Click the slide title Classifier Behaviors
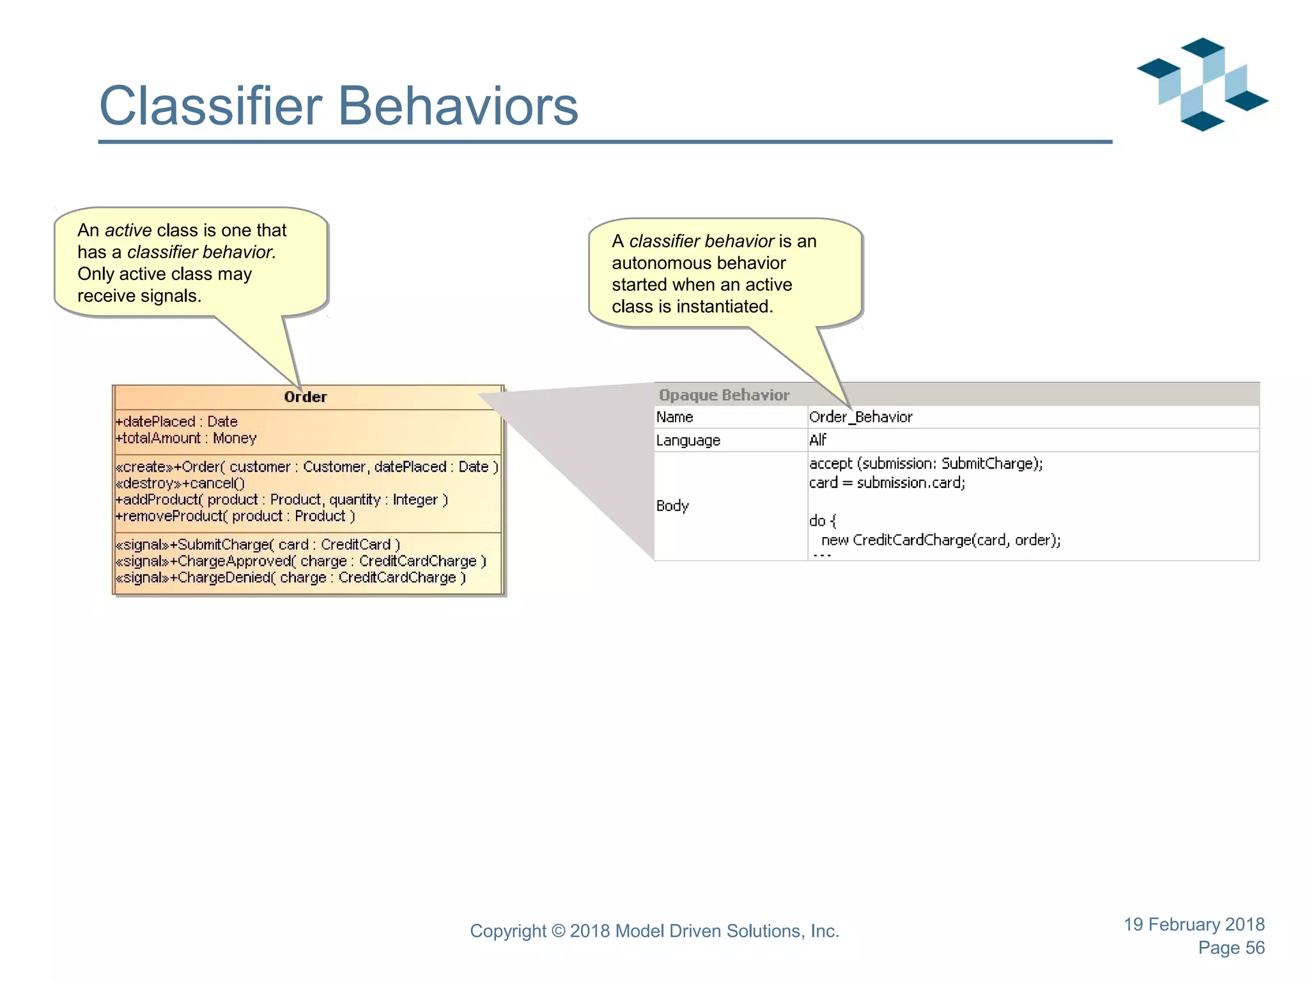[x=339, y=106]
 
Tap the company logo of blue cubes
[x=1202, y=85]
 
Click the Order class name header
[x=306, y=397]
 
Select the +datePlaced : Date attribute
[x=176, y=422]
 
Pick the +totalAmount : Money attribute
[x=186, y=439]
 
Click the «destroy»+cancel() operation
[x=180, y=483]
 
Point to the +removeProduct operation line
[x=235, y=516]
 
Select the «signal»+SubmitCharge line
[x=258, y=545]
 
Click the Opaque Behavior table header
[x=724, y=395]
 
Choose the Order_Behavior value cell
[x=861, y=417]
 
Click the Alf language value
[x=818, y=440]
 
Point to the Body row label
[x=672, y=506]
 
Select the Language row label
[x=688, y=440]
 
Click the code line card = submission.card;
[x=887, y=483]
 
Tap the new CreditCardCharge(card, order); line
[x=941, y=540]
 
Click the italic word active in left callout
[x=128, y=230]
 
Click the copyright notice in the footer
[x=654, y=931]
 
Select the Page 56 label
[x=1231, y=948]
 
